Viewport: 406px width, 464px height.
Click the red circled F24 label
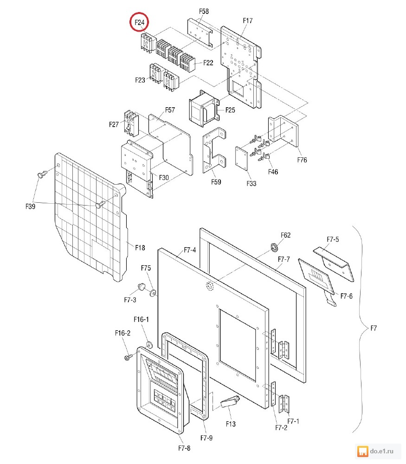coord(139,22)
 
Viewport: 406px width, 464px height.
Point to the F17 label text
coord(248,20)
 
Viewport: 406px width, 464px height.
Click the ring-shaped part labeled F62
coord(274,247)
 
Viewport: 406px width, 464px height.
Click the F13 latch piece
coord(230,402)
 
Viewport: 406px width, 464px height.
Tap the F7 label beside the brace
coord(374,328)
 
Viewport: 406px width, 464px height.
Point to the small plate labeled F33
coord(241,159)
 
